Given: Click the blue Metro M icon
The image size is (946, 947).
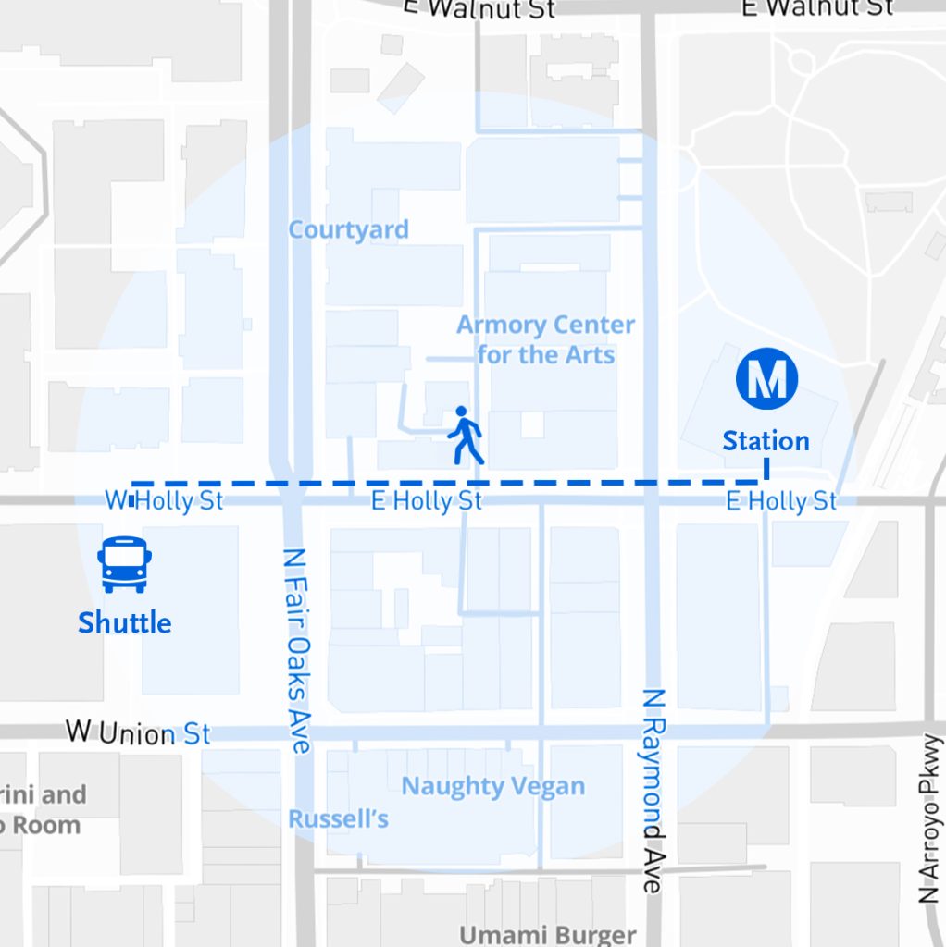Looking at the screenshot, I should pos(766,378).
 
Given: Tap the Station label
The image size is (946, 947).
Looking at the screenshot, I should pos(766,441).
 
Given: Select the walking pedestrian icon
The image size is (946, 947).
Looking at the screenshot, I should pos(465,436).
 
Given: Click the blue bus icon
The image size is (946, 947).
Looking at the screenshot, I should pos(124,564).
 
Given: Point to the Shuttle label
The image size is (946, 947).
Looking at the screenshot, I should pos(124,622).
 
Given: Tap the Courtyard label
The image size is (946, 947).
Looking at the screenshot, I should pos(348,229).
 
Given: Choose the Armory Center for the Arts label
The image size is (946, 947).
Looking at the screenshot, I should pos(545,339).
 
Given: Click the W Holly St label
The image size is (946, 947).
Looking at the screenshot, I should pos(164,501).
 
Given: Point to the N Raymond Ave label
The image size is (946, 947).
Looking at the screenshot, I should pos(653,791).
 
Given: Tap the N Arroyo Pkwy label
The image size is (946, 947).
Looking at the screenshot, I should pos(929,818).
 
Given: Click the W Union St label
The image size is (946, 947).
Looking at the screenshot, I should pos(139,734).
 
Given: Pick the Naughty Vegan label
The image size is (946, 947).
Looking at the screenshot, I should pos(492,787).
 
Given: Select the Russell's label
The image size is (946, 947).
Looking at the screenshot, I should pos(338,818).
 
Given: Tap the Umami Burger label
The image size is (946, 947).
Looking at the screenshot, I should pos(548,935).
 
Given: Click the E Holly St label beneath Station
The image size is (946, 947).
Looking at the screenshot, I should pos(781,501).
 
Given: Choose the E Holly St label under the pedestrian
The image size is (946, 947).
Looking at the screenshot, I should pos(427,501).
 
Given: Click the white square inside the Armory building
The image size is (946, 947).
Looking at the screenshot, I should pos(532,424).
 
